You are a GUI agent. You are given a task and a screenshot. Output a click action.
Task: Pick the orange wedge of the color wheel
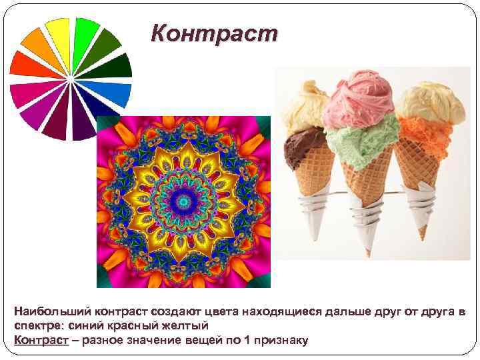pos(38,46)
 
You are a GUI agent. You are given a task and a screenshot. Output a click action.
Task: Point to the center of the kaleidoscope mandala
pos(183,202)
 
